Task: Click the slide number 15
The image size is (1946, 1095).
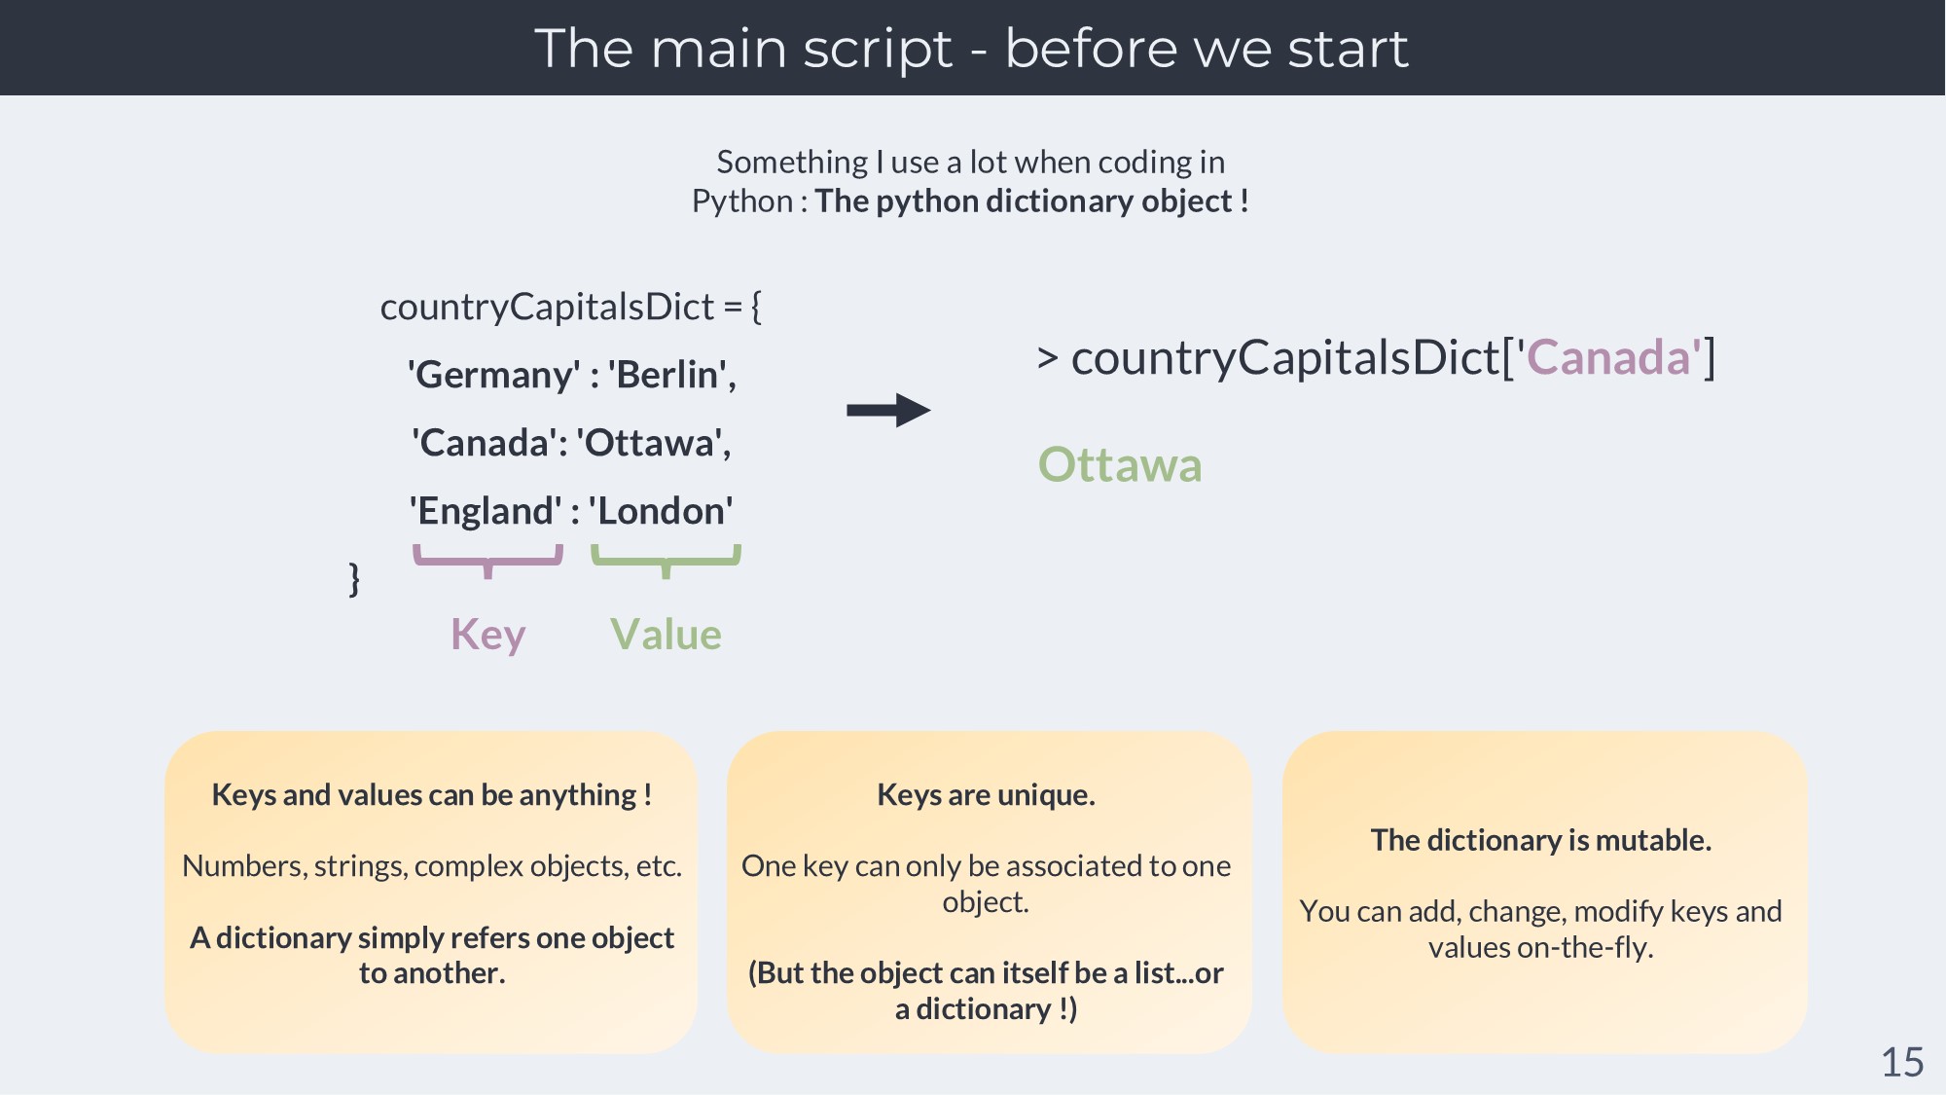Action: [1902, 1062]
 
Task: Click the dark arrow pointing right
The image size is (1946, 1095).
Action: [888, 410]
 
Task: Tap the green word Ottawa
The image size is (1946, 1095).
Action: [1120, 464]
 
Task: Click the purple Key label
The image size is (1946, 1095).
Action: [488, 636]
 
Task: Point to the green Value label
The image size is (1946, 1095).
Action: [667, 635]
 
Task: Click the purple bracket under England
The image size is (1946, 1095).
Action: [488, 561]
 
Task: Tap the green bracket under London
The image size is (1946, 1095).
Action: [667, 561]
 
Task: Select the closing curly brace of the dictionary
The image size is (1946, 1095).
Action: [354, 578]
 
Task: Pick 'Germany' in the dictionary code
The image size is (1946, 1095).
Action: [494, 376]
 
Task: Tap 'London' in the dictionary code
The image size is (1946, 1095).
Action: [661, 511]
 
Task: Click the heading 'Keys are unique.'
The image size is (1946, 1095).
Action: [987, 795]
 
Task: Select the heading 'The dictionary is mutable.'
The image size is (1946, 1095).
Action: [1541, 840]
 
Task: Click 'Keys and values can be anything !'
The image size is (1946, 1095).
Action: [432, 795]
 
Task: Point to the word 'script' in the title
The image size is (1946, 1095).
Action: [878, 49]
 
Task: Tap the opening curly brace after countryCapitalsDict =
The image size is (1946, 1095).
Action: [756, 307]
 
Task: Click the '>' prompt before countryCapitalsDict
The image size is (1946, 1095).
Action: [1048, 357]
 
